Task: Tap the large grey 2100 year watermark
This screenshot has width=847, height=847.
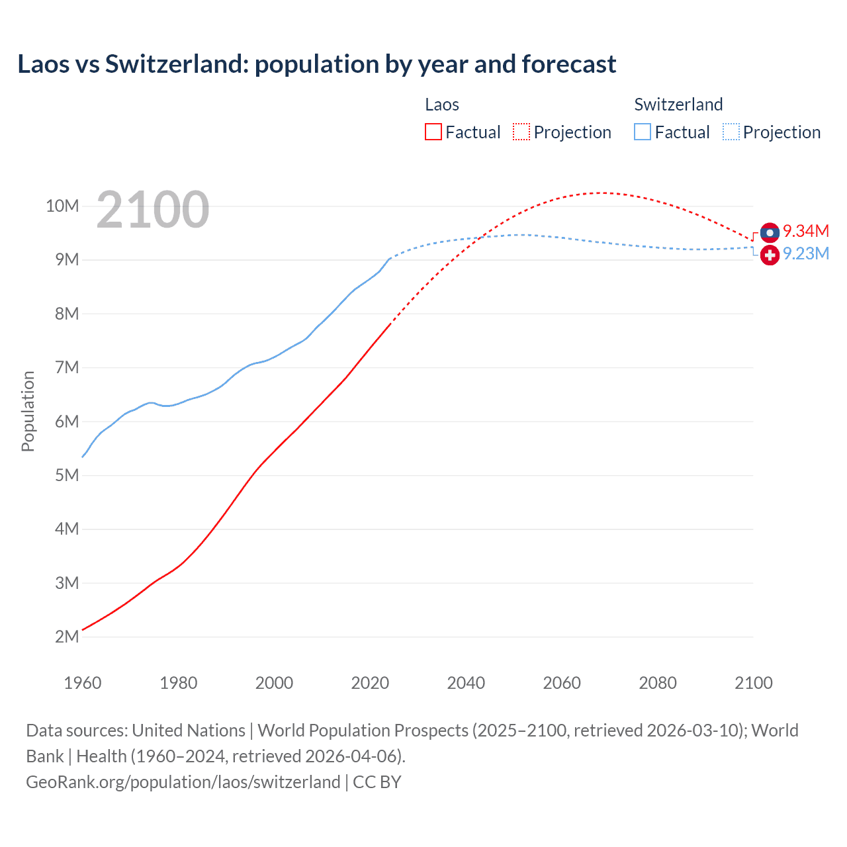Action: [153, 210]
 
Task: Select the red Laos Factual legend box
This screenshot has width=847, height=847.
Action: [433, 132]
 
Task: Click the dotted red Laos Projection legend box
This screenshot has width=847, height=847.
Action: [521, 132]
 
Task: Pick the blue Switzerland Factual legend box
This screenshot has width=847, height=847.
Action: [643, 132]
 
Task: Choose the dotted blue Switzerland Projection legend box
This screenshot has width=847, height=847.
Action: [731, 132]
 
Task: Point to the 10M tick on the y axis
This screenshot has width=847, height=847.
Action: [62, 206]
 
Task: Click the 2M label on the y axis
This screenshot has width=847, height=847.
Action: [67, 637]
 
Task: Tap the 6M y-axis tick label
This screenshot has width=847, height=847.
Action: [67, 422]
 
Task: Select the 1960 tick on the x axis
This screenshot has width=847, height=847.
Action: [83, 683]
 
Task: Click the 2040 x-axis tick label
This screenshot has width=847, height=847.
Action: [466, 683]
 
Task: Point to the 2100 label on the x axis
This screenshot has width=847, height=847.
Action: [753, 683]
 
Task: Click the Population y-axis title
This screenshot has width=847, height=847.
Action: [28, 411]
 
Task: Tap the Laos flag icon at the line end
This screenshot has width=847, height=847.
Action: [770, 232]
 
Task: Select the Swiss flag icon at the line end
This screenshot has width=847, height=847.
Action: [770, 255]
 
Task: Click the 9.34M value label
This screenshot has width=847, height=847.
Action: [805, 231]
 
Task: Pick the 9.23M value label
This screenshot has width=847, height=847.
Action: [805, 254]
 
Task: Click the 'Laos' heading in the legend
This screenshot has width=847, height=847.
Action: [442, 105]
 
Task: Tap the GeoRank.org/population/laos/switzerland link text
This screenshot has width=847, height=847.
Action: [183, 781]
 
